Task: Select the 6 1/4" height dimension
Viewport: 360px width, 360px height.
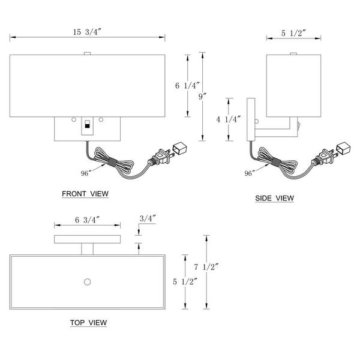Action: pyautogui.click(x=186, y=86)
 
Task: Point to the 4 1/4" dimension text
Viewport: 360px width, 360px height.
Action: pyautogui.click(x=229, y=119)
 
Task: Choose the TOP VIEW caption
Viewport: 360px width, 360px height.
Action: pyautogui.click(x=88, y=323)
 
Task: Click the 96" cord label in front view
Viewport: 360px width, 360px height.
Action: pyautogui.click(x=84, y=173)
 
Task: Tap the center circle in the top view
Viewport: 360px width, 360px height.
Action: pyautogui.click(x=88, y=281)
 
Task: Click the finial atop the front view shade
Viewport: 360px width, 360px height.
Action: pyautogui.click(x=88, y=54)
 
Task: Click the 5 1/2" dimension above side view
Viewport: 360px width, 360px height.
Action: pyautogui.click(x=293, y=34)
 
